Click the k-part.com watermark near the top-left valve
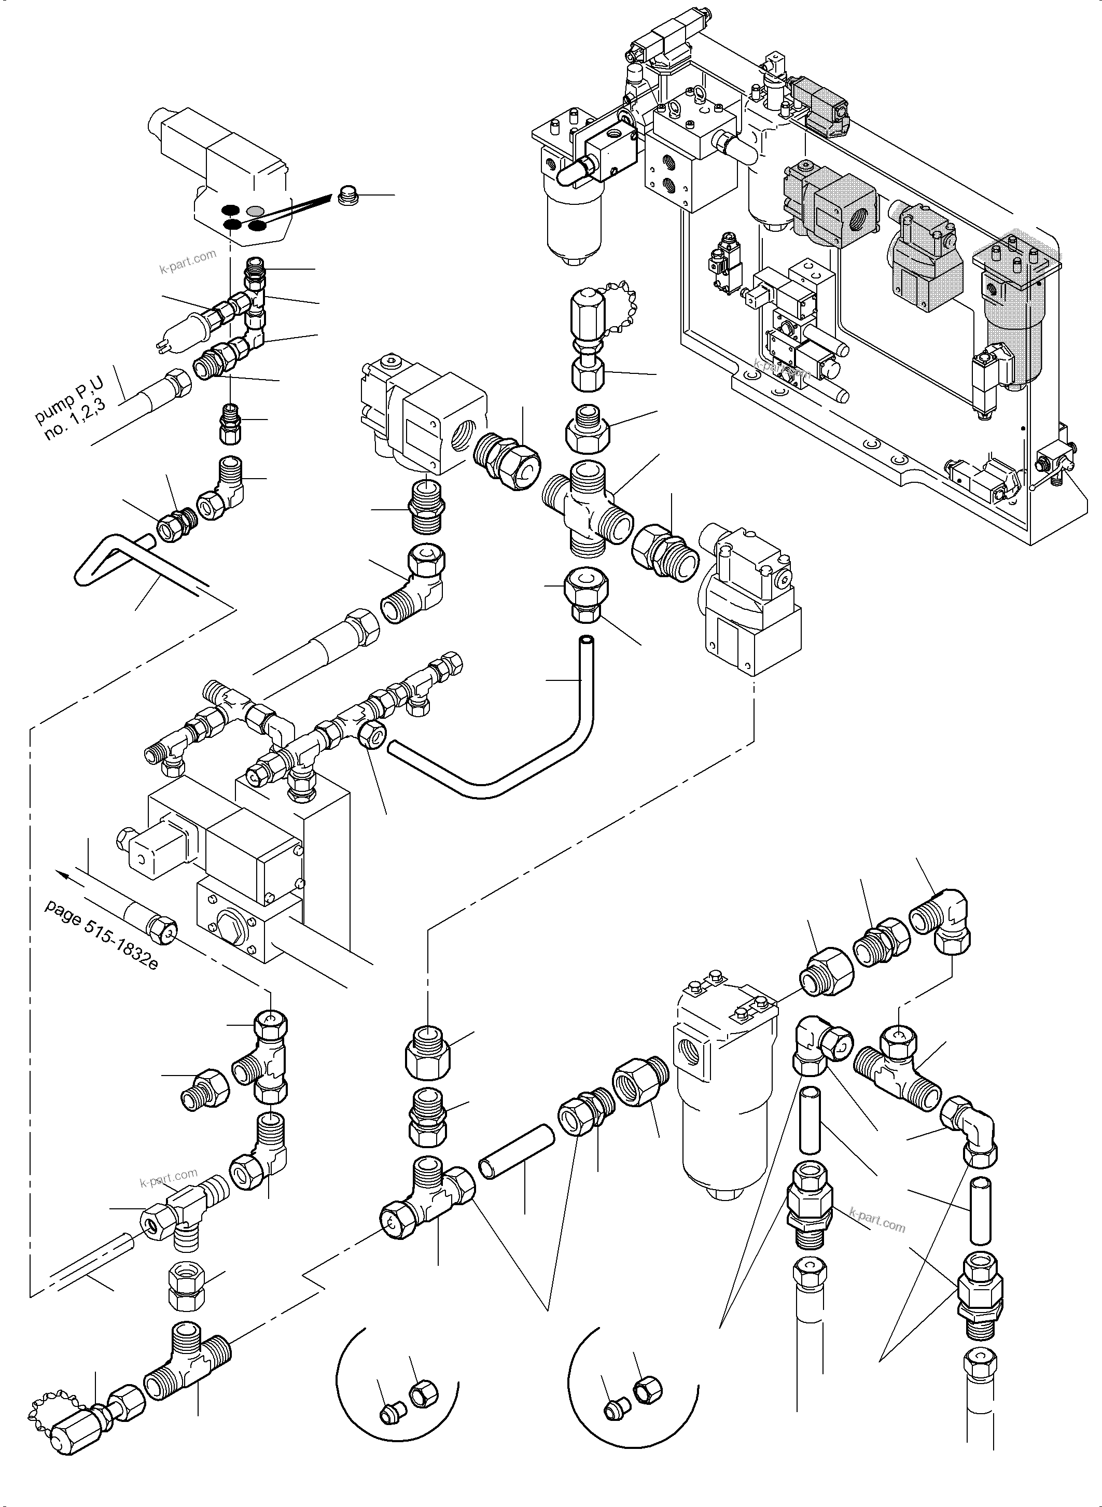[188, 261]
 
